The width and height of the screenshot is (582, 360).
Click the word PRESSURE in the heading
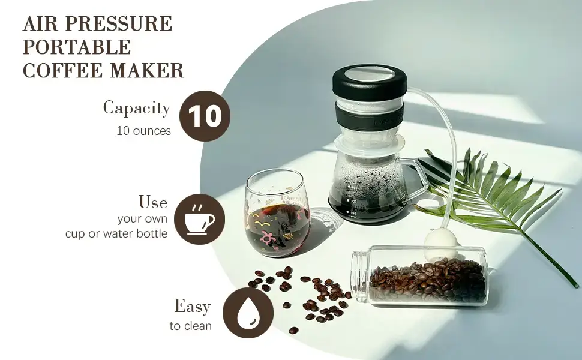(x=119, y=24)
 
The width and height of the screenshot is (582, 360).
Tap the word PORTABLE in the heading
(x=77, y=47)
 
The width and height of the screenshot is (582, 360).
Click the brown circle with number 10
(x=205, y=116)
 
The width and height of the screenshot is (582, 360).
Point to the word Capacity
(x=137, y=109)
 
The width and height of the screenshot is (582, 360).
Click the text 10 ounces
(x=144, y=131)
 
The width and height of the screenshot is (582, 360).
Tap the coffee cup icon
(x=200, y=219)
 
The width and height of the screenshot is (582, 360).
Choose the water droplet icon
(x=248, y=313)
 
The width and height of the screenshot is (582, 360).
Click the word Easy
(x=193, y=307)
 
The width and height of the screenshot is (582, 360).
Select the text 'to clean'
(x=191, y=326)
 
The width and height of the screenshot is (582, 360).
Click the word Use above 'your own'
(x=153, y=202)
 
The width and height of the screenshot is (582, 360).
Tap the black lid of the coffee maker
(x=370, y=80)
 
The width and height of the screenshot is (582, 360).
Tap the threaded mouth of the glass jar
(x=359, y=275)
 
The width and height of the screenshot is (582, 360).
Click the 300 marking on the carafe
(x=353, y=202)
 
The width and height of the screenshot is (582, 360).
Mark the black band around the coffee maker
(x=369, y=116)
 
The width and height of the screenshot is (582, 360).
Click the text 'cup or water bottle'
(x=116, y=234)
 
